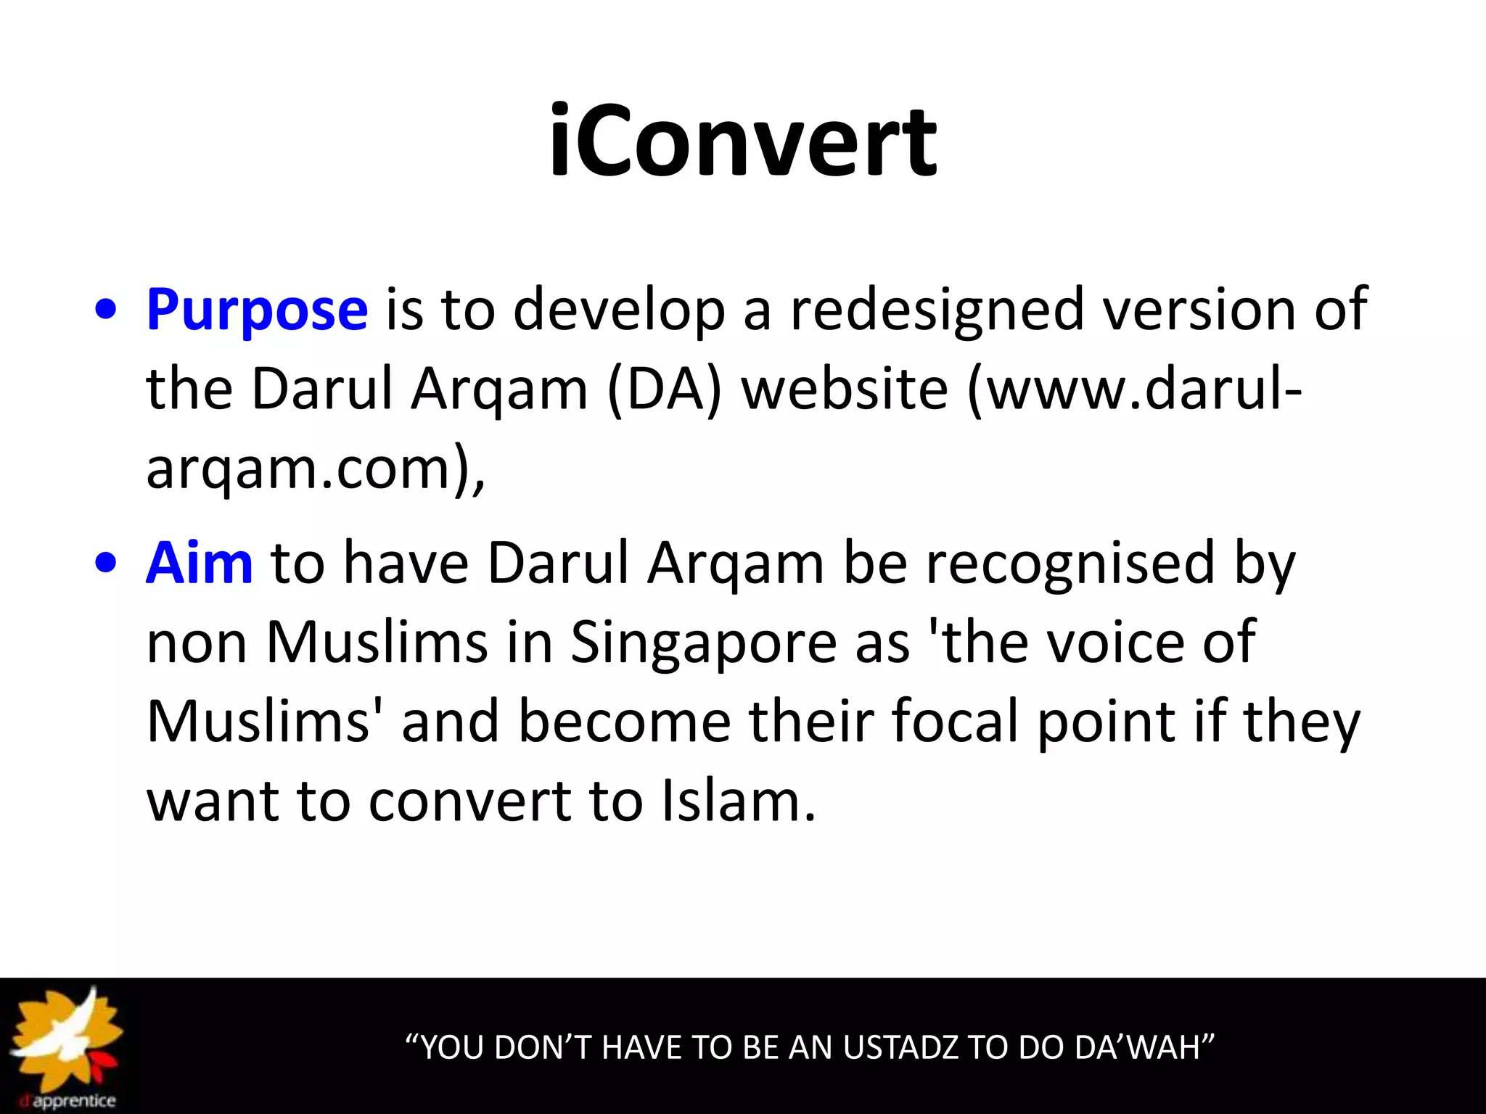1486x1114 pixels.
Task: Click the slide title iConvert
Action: click(742, 141)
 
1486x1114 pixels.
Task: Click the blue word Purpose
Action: click(257, 310)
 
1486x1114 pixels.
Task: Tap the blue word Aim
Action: click(199, 564)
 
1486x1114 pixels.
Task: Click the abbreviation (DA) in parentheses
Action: click(665, 389)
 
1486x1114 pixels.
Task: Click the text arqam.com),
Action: click(315, 469)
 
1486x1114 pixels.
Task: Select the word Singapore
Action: click(703, 643)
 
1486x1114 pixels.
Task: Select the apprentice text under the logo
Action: click(73, 1102)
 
